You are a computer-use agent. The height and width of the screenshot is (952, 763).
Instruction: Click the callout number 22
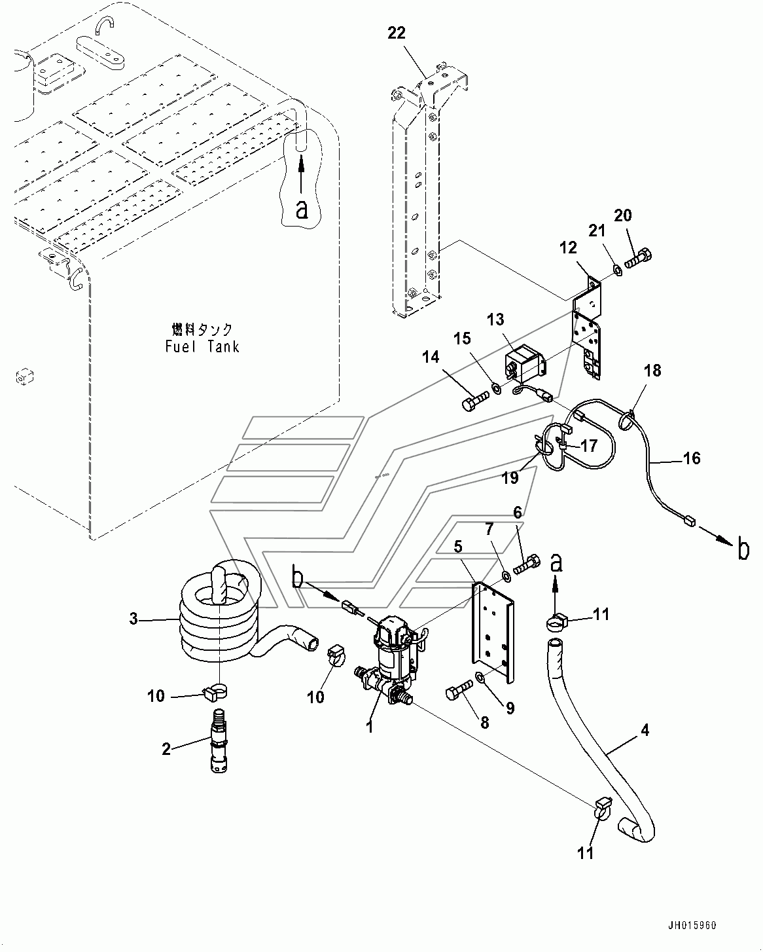click(x=396, y=33)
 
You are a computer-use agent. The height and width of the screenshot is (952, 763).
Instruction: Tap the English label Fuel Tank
click(x=202, y=346)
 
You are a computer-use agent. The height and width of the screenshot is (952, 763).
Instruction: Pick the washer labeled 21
click(x=618, y=269)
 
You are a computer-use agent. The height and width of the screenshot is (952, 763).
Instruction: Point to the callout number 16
click(x=692, y=458)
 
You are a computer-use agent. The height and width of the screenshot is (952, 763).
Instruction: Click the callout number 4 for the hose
click(x=645, y=730)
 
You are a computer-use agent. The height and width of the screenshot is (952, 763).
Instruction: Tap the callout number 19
click(x=510, y=478)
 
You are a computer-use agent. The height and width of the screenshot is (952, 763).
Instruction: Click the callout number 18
click(x=652, y=371)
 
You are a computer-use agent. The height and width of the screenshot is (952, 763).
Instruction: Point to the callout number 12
click(x=568, y=247)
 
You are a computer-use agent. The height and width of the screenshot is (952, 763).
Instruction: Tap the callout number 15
click(x=463, y=339)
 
